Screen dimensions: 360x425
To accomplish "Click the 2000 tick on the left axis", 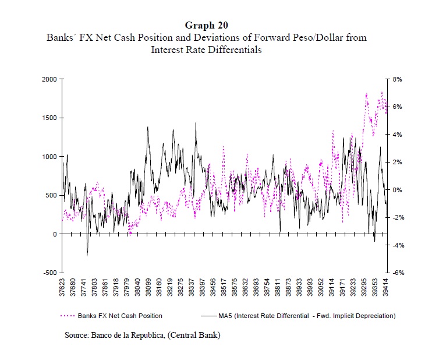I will [x=49, y=79].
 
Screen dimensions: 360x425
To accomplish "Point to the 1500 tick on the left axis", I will [x=49, y=118].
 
